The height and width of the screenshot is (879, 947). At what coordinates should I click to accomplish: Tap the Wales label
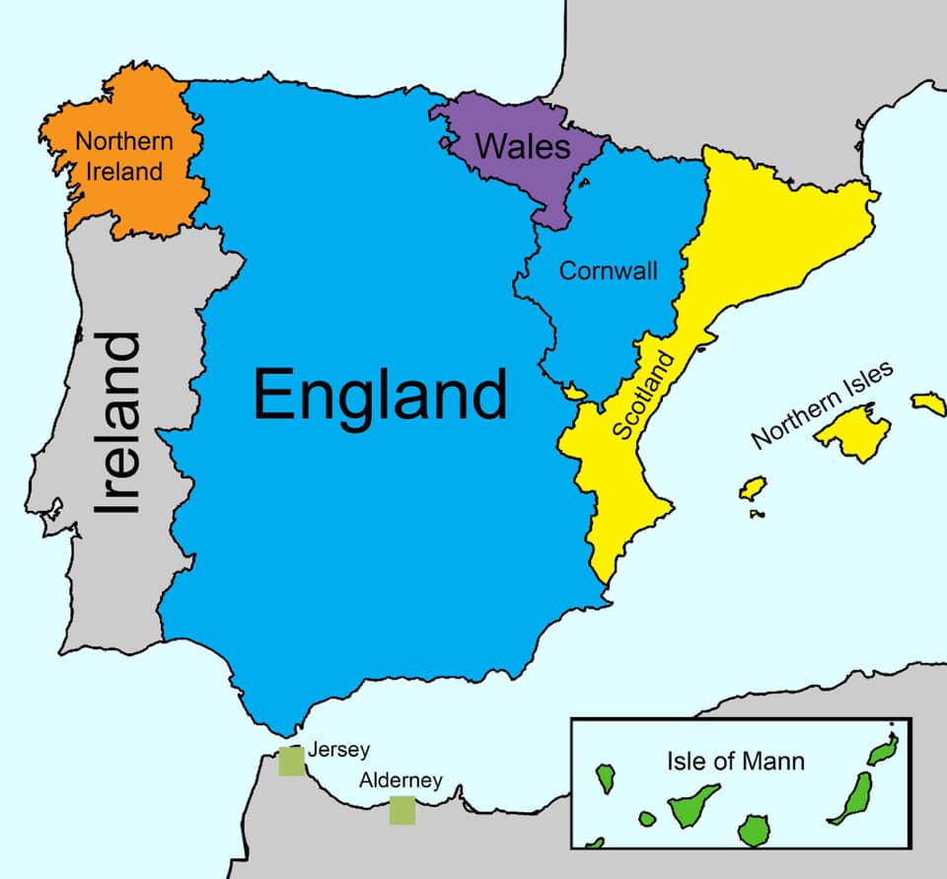[523, 147]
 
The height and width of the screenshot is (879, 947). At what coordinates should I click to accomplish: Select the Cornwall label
[608, 270]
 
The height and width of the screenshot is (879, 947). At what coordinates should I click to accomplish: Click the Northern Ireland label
[124, 156]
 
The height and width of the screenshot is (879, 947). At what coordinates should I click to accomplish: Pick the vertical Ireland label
[119, 423]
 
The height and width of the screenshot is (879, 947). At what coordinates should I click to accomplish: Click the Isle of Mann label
[735, 761]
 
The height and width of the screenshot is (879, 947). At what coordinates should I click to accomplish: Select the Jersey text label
[338, 750]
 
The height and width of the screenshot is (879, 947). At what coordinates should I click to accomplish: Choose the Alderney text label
[400, 780]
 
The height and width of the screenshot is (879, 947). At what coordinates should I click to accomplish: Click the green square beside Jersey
[291, 761]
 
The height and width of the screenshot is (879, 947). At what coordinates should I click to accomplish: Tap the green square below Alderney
[401, 810]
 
